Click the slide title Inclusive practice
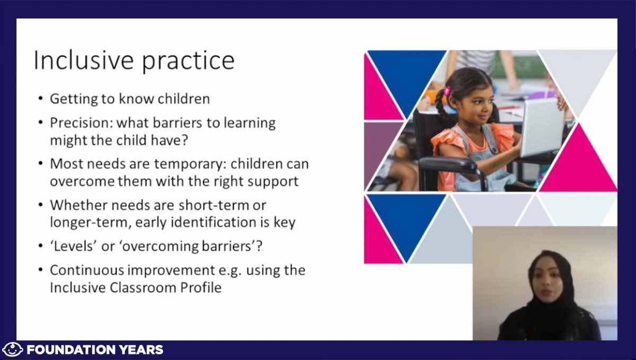point(134,61)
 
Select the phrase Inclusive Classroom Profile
point(135,288)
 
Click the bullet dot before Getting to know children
point(41,99)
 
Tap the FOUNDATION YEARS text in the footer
point(95,349)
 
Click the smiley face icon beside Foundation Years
point(13,349)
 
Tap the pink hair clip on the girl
point(447,91)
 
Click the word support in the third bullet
point(274,181)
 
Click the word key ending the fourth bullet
point(286,222)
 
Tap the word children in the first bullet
point(182,99)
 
